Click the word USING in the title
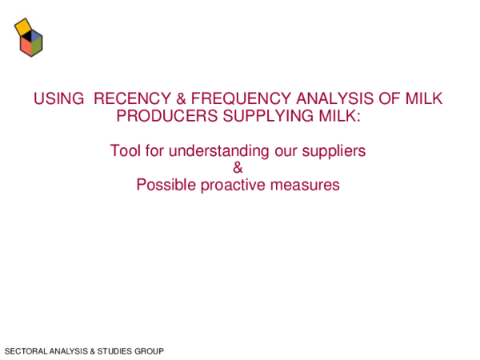58,99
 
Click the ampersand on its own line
238,168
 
